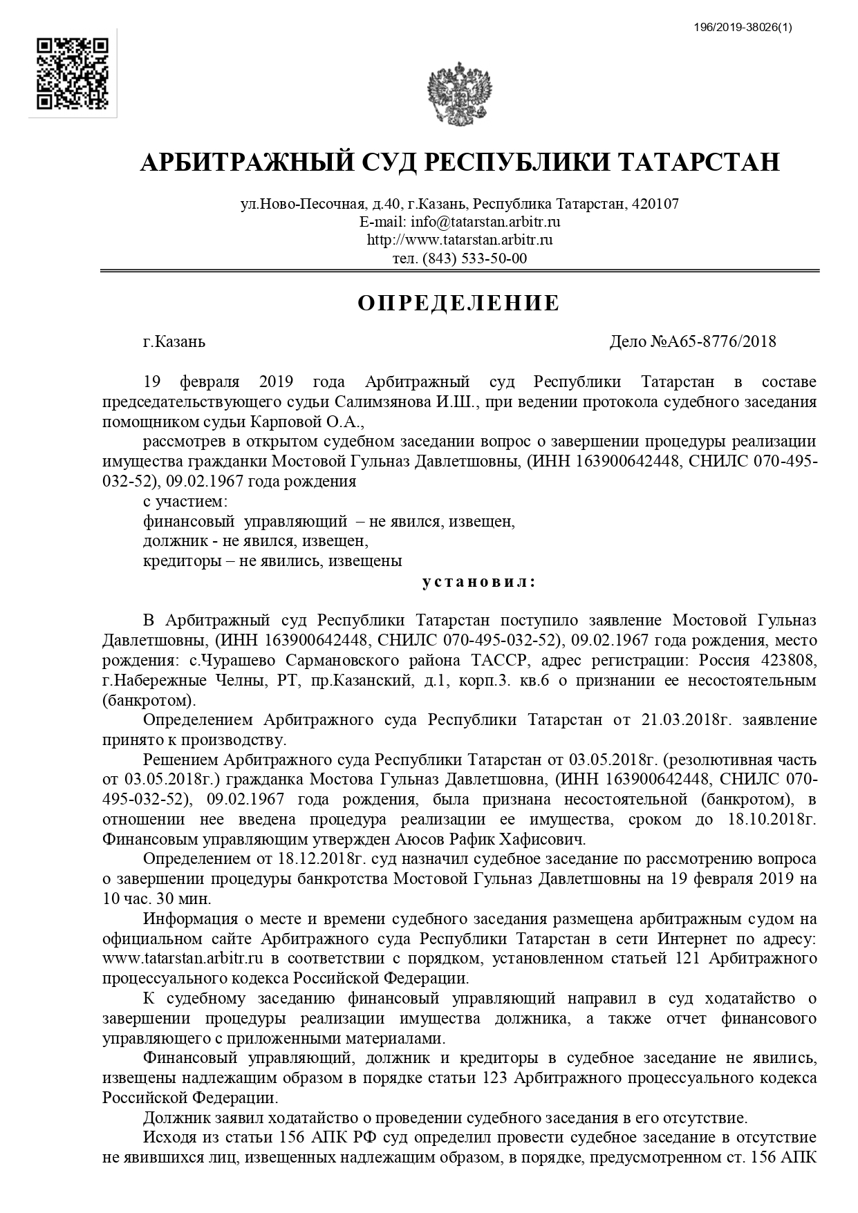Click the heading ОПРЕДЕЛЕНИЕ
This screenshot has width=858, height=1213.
[x=458, y=303]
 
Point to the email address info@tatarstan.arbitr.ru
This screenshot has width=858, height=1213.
[x=485, y=222]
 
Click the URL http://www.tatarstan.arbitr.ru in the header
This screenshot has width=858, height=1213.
[x=459, y=240]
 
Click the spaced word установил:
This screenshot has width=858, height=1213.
[x=478, y=581]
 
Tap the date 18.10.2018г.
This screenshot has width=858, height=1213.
[x=772, y=820]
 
